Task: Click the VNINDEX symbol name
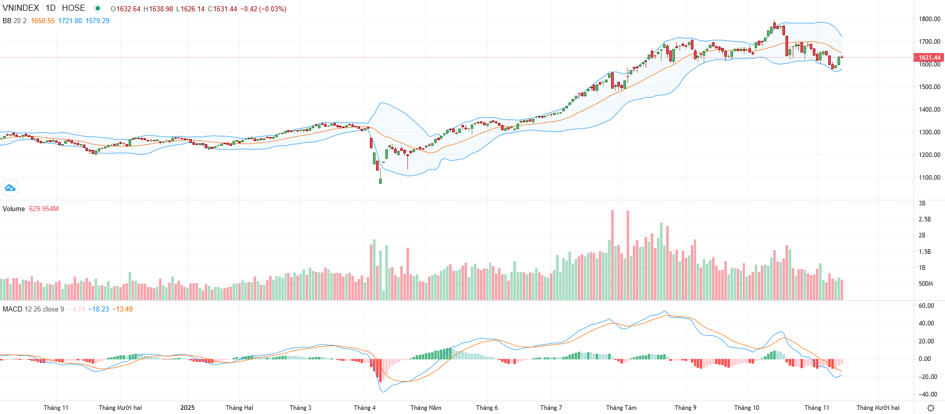pos(21,8)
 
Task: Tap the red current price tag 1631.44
pos(929,58)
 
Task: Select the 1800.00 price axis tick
pos(929,19)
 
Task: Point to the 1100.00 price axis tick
pos(929,178)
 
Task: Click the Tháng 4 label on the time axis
pos(365,408)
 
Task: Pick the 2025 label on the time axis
pos(187,408)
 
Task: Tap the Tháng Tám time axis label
pos(621,408)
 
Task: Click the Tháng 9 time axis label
pos(685,408)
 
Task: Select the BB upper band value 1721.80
pos(70,21)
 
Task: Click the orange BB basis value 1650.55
pos(43,21)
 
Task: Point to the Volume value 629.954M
pos(44,209)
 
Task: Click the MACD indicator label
pos(12,309)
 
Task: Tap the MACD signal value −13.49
pos(123,309)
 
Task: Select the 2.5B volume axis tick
pos(924,219)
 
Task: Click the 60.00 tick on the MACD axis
pos(926,306)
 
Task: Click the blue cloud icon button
pos(10,188)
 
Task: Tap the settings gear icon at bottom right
pos(930,408)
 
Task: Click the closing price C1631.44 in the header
pos(222,9)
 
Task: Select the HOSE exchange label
pos(74,8)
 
